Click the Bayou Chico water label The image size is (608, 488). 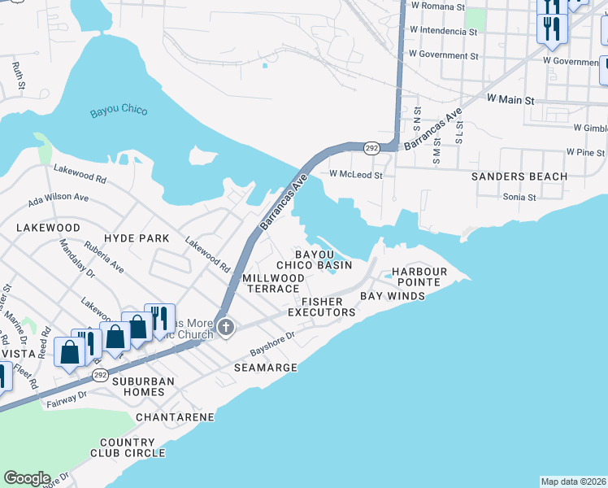(118, 110)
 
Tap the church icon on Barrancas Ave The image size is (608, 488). (227, 329)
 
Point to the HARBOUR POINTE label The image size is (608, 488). (419, 277)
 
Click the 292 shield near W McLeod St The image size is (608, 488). (371, 147)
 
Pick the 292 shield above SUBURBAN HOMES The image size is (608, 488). (100, 374)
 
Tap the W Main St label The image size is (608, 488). (510, 99)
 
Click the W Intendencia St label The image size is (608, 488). (443, 32)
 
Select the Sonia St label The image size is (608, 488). (519, 197)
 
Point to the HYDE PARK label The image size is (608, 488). (137, 238)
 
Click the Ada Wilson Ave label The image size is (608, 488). (59, 197)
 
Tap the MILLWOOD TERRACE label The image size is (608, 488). (274, 283)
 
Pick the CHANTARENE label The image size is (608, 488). (175, 417)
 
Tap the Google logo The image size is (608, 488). (27, 478)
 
